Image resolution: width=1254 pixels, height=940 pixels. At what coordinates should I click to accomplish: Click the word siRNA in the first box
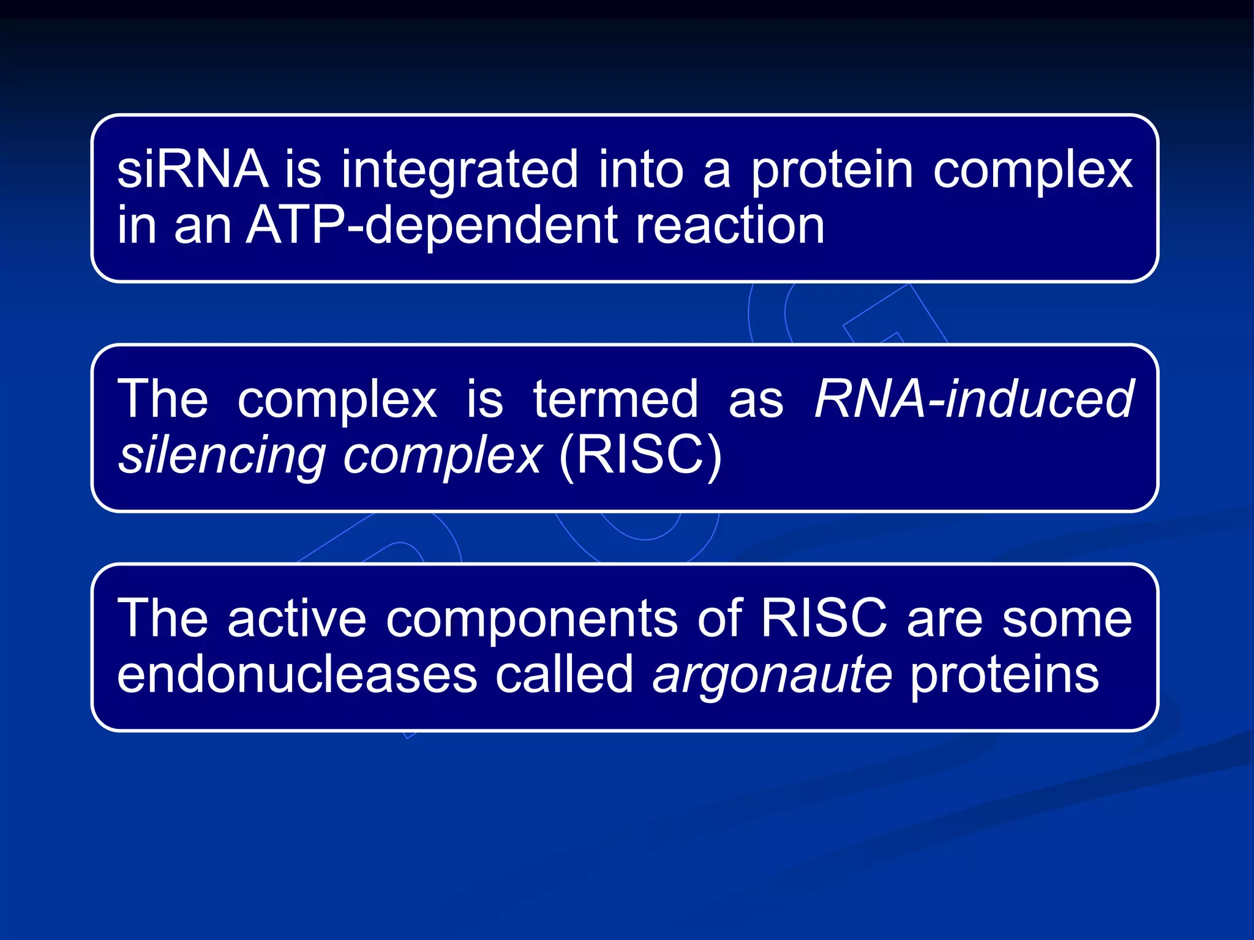192,170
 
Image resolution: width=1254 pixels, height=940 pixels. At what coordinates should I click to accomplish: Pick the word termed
615,400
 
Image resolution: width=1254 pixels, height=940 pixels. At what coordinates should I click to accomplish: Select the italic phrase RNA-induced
974,400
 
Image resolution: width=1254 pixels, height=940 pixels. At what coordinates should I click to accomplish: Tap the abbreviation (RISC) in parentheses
640,456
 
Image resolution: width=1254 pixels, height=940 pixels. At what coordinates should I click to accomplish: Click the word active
297,619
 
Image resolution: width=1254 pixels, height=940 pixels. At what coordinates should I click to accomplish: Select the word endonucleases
297,675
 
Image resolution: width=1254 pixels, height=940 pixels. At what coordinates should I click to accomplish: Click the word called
564,675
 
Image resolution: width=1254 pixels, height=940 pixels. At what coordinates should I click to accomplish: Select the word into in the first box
640,170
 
